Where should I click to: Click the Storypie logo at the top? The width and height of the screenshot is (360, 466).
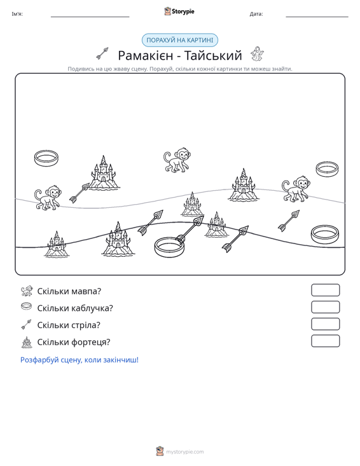[179, 11]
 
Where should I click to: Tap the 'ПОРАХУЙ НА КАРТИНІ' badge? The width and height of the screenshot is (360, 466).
[180, 40]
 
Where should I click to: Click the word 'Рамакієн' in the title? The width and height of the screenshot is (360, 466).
[146, 55]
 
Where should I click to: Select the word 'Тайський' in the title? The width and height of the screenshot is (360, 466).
[213, 55]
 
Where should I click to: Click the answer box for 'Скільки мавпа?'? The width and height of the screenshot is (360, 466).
[325, 290]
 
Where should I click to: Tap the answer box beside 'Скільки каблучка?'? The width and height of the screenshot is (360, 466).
[325, 307]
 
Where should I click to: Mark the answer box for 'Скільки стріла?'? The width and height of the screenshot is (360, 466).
[325, 324]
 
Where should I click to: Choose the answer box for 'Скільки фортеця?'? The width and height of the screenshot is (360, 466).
[325, 341]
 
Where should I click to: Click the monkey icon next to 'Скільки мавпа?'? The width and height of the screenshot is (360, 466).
[27, 291]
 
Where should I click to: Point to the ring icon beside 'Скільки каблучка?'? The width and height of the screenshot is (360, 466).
[27, 306]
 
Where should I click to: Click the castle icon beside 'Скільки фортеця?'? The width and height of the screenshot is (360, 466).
[27, 342]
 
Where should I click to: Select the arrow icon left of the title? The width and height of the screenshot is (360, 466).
[102, 53]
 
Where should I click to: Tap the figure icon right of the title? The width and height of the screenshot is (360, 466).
[256, 54]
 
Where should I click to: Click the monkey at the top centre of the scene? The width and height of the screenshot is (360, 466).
[177, 160]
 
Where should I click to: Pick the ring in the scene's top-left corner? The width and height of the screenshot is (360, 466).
[46, 158]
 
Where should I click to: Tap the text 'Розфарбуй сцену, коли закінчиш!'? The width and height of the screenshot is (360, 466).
[80, 360]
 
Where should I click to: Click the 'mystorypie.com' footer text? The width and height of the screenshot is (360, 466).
[185, 452]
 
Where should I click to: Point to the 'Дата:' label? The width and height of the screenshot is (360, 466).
[256, 14]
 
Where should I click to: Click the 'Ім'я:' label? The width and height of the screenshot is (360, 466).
[17, 14]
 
